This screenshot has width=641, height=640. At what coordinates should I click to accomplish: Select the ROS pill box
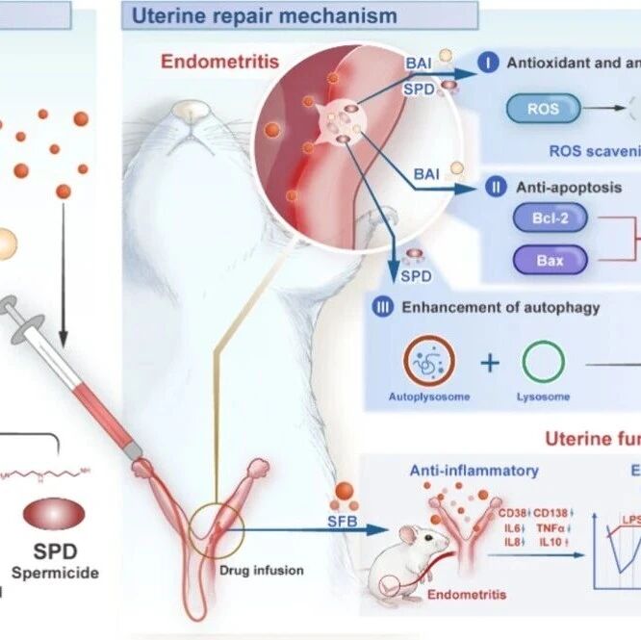(543, 110)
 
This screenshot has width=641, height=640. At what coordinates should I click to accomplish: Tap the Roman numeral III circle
(383, 307)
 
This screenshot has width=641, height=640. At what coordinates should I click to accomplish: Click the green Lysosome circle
(544, 361)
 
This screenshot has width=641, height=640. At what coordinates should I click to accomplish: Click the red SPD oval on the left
(56, 513)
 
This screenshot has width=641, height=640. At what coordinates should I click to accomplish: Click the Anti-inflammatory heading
(474, 471)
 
